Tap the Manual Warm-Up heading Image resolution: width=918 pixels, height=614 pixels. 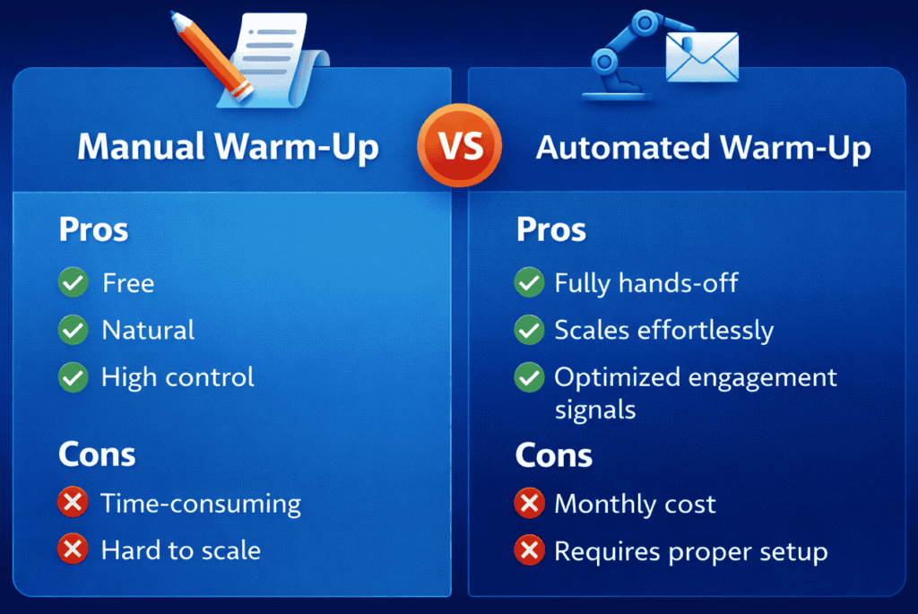tap(228, 148)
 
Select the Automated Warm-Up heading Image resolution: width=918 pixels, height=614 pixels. tap(703, 148)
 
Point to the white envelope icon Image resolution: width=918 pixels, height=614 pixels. tap(701, 57)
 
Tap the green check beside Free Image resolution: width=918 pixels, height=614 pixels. tap(73, 283)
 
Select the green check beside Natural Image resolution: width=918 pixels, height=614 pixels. tap(73, 330)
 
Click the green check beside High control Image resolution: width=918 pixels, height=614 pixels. tap(73, 376)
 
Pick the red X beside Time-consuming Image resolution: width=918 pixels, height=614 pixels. tap(73, 503)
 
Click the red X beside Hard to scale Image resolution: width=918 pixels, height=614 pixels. tap(73, 549)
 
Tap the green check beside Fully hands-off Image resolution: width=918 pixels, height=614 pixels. tap(529, 283)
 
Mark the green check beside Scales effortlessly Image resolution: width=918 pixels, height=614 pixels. tap(529, 330)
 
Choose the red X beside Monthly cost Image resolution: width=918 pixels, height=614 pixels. tap(529, 504)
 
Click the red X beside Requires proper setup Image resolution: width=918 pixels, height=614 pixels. tap(529, 550)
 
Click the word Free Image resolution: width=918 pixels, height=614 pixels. tap(128, 283)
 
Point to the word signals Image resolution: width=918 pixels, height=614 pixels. tap(595, 410)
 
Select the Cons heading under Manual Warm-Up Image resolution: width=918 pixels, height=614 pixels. tap(97, 454)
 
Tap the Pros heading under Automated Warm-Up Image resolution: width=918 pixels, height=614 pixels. tap(551, 229)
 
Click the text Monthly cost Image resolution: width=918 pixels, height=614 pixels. tap(635, 504)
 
